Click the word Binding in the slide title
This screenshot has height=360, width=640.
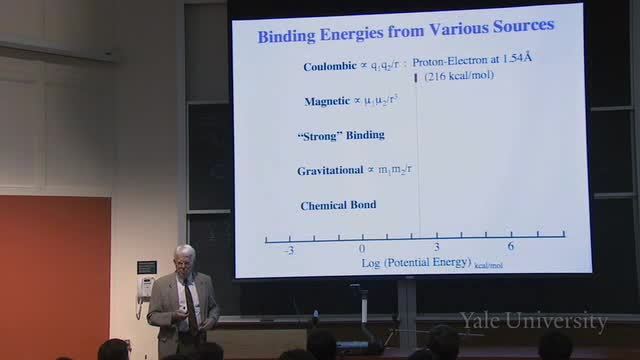pyautogui.click(x=287, y=36)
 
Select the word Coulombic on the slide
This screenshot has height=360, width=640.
pyautogui.click(x=330, y=66)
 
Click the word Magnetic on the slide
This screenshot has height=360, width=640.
pyautogui.click(x=327, y=101)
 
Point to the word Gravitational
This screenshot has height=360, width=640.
pyautogui.click(x=330, y=171)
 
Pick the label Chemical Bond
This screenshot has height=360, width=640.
pyautogui.click(x=338, y=205)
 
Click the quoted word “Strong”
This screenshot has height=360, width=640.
pyautogui.click(x=320, y=136)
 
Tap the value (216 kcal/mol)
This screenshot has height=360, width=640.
pyautogui.click(x=459, y=76)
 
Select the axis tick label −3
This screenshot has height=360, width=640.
pyautogui.click(x=289, y=250)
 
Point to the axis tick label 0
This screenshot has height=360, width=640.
pyautogui.click(x=362, y=249)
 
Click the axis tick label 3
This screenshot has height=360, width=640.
pyautogui.click(x=437, y=247)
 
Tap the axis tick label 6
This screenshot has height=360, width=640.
pyautogui.click(x=511, y=245)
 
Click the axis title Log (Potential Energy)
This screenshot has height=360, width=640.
pyautogui.click(x=416, y=262)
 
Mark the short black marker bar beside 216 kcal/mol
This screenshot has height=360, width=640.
pyautogui.click(x=416, y=78)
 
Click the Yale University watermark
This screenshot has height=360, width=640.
pyautogui.click(x=534, y=321)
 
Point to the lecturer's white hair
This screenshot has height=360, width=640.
pyautogui.click(x=185, y=251)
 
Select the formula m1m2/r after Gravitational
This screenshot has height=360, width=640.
pyautogui.click(x=394, y=169)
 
